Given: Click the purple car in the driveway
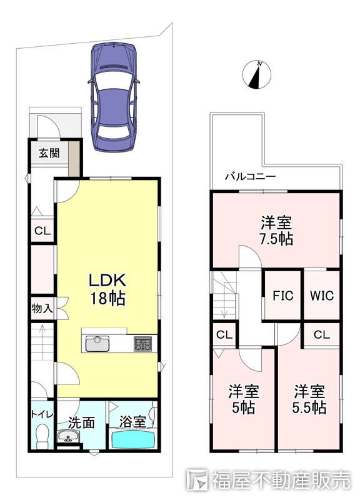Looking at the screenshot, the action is pyautogui.click(x=114, y=97).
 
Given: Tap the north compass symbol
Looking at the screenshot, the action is pyautogui.click(x=257, y=75).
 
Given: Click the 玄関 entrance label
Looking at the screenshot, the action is pyautogui.click(x=49, y=153).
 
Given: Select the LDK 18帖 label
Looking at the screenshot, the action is pyautogui.click(x=107, y=289).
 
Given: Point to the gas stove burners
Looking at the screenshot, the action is pyautogui.click(x=143, y=344).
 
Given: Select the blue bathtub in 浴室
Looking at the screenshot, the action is pyautogui.click(x=133, y=440).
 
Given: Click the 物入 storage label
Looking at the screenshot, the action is pyautogui.click(x=42, y=308).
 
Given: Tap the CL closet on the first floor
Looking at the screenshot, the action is pyautogui.click(x=42, y=231).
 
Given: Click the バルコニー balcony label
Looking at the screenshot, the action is pyautogui.click(x=250, y=176).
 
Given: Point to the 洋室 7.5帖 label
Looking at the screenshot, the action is pyautogui.click(x=276, y=230).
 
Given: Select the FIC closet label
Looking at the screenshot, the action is pyautogui.click(x=283, y=296).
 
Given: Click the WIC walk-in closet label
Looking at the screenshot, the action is pyautogui.click(x=322, y=296).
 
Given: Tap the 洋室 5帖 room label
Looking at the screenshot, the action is pyautogui.click(x=244, y=399).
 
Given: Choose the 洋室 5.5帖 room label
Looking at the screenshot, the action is pyautogui.click(x=309, y=399).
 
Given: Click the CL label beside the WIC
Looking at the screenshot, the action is pyautogui.click(x=321, y=334).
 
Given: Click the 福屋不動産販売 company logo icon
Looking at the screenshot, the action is pyautogui.click(x=197, y=479).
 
